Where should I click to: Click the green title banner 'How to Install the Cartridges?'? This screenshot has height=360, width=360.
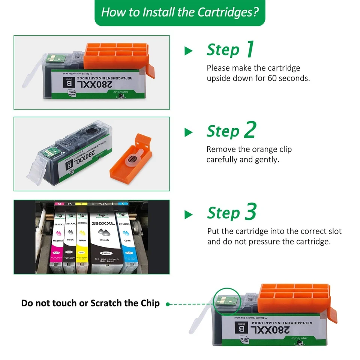[180, 12]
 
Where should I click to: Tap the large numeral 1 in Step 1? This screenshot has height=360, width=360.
[249, 49]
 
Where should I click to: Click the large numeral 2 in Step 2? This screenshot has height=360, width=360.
[249, 130]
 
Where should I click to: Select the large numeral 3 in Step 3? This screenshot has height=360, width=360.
[250, 212]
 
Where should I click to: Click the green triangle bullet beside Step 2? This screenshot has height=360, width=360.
[188, 132]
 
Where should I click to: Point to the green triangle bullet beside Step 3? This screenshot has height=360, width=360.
[188, 214]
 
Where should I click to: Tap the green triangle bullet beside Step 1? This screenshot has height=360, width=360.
[188, 51]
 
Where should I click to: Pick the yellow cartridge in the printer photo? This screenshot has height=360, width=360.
[82, 240]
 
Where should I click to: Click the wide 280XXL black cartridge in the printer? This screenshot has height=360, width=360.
[105, 240]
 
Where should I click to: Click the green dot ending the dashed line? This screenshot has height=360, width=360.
[168, 304]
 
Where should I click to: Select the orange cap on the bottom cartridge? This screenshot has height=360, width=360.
[295, 296]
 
